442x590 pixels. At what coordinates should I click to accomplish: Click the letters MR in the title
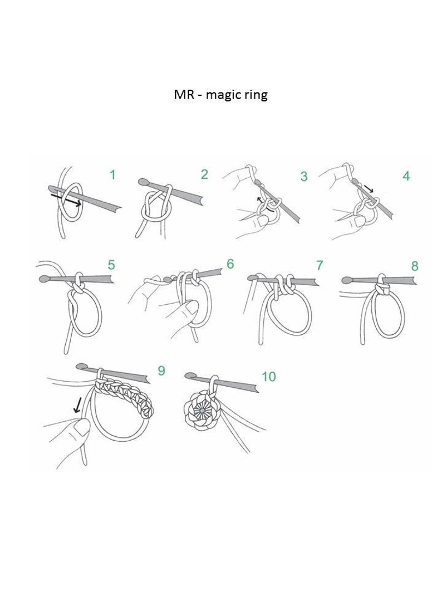click(184, 94)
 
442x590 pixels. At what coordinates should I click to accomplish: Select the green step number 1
click(112, 175)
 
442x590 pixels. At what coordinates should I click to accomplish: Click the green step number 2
click(204, 174)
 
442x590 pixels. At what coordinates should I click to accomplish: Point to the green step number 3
click(304, 176)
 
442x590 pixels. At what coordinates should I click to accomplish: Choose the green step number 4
click(406, 175)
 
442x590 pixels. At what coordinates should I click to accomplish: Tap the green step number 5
click(111, 265)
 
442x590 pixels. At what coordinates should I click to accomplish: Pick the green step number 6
click(230, 264)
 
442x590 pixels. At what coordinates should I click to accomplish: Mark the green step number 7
click(320, 265)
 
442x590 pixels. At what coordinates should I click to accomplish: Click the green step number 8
click(415, 266)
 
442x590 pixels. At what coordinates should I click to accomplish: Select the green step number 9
click(161, 370)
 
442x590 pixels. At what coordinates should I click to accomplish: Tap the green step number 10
click(269, 376)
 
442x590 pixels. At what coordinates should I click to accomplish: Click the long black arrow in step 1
click(66, 199)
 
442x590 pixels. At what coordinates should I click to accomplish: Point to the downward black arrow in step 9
click(78, 406)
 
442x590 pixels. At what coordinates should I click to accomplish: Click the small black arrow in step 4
click(369, 188)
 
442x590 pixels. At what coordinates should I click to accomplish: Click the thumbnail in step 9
click(80, 428)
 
